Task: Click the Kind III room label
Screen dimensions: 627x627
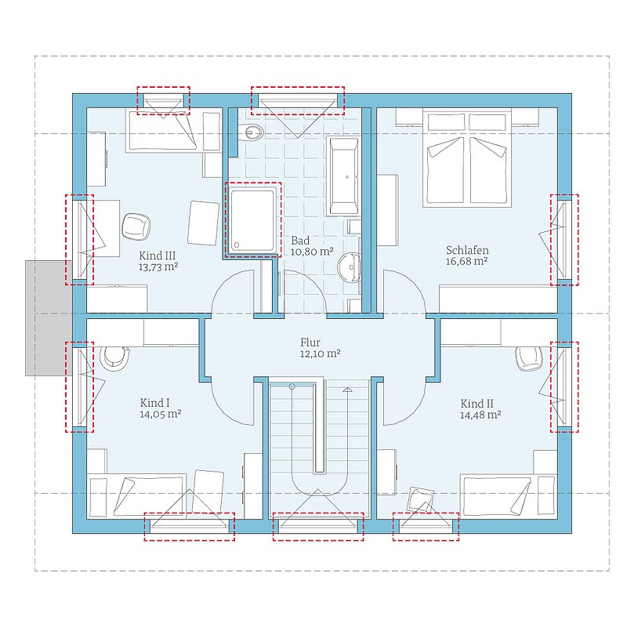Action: [x=158, y=256]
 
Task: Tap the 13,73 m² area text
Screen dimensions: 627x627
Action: [x=158, y=267]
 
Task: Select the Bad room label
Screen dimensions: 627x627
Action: [x=300, y=241]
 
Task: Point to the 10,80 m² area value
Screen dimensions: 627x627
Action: [x=312, y=252]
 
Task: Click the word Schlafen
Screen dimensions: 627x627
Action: [x=467, y=250]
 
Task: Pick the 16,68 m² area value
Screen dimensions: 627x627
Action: [x=466, y=262]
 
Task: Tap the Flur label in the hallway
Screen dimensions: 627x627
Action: [x=310, y=342]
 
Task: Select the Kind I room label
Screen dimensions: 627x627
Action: [x=154, y=403]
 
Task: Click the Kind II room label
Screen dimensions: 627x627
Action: [x=477, y=404]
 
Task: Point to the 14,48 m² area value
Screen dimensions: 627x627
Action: [x=480, y=415]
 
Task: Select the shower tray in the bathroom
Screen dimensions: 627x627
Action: [x=253, y=220]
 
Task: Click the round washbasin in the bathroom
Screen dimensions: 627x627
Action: [x=350, y=267]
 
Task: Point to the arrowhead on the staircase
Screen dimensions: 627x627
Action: [x=347, y=389]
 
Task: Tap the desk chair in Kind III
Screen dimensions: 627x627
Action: [x=136, y=227]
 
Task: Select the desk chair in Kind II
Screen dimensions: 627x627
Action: [x=528, y=358]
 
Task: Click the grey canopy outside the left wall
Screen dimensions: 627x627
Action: [x=49, y=318]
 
